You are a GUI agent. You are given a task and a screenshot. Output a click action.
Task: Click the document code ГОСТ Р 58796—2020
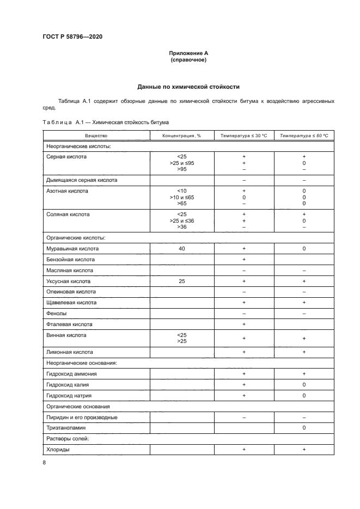point(72,36)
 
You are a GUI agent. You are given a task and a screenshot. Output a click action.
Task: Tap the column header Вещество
point(96,136)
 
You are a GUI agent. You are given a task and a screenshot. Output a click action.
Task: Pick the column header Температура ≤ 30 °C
point(243,136)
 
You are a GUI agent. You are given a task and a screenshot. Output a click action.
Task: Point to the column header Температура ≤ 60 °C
point(304,136)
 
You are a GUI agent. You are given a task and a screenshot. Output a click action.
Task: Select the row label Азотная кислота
point(67,191)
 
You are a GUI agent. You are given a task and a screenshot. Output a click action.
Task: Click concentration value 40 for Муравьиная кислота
point(181,248)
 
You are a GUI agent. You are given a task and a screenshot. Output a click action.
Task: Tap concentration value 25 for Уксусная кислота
point(181,281)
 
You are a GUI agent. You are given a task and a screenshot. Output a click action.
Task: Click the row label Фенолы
point(58,314)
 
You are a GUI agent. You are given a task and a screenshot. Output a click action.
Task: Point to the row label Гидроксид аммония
point(72,374)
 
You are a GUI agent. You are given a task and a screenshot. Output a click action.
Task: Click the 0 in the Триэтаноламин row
point(304,428)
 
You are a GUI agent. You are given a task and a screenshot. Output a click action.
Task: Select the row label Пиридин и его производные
point(82,418)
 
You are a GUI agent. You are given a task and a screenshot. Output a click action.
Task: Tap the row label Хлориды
point(59,450)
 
